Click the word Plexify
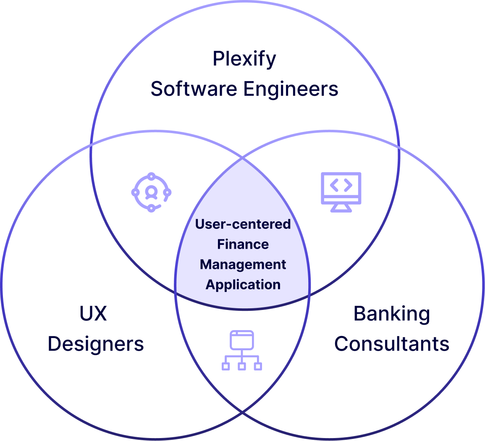[x=244, y=59]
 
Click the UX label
[x=93, y=313]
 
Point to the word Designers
[x=95, y=344]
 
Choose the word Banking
[x=391, y=313]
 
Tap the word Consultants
[x=391, y=344]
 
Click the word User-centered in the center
[x=243, y=224]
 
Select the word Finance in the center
[x=243, y=244]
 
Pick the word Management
[x=243, y=265]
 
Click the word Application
[x=243, y=285]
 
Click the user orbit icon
[x=151, y=192]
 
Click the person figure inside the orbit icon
[x=151, y=192]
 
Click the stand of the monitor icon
[x=341, y=207]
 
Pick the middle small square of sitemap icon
[x=241, y=366]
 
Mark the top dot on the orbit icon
[x=152, y=176]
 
